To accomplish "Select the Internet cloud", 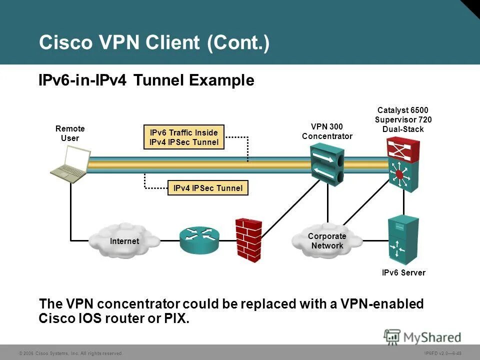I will coord(124,240).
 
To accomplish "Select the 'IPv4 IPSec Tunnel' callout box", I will coord(207,188).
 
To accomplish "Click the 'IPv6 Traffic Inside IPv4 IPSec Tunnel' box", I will coord(183,137).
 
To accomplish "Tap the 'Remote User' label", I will coord(70,133).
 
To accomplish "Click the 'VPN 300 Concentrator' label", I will coord(327,131).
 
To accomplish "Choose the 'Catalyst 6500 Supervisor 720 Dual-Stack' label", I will coord(403,119).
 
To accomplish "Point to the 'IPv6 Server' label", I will coord(403,272).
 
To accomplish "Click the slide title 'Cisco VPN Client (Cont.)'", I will coord(154,42).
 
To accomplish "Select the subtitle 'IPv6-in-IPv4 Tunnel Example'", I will coord(146,80).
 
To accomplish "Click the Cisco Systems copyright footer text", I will coord(70,353).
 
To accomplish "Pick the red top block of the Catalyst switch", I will coord(403,148).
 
